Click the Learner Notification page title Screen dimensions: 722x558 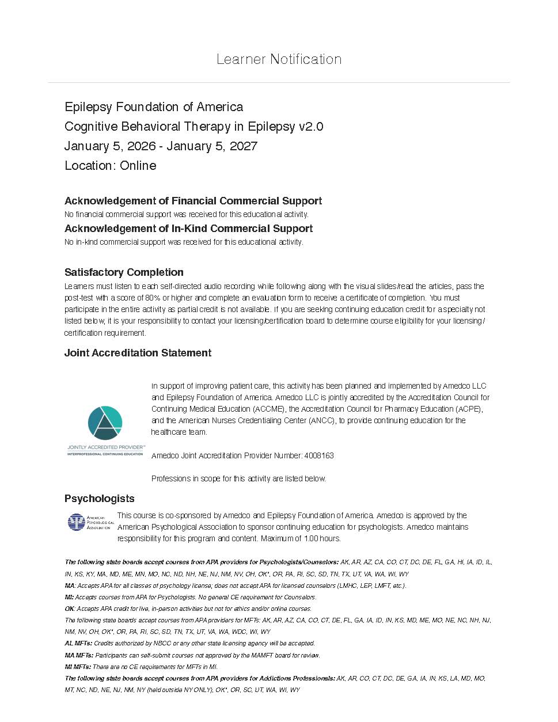pos(279,59)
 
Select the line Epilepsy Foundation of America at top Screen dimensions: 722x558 pos(154,107)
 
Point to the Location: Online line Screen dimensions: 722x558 pos(111,166)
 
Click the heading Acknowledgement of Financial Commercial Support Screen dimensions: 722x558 pos(193,201)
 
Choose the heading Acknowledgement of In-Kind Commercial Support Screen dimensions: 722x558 pos(188,229)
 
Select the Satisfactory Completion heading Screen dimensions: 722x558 pos(124,272)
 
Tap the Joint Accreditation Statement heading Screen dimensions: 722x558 pos(138,353)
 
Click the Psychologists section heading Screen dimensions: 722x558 pos(100,499)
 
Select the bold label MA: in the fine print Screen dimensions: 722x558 pos(70,586)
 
